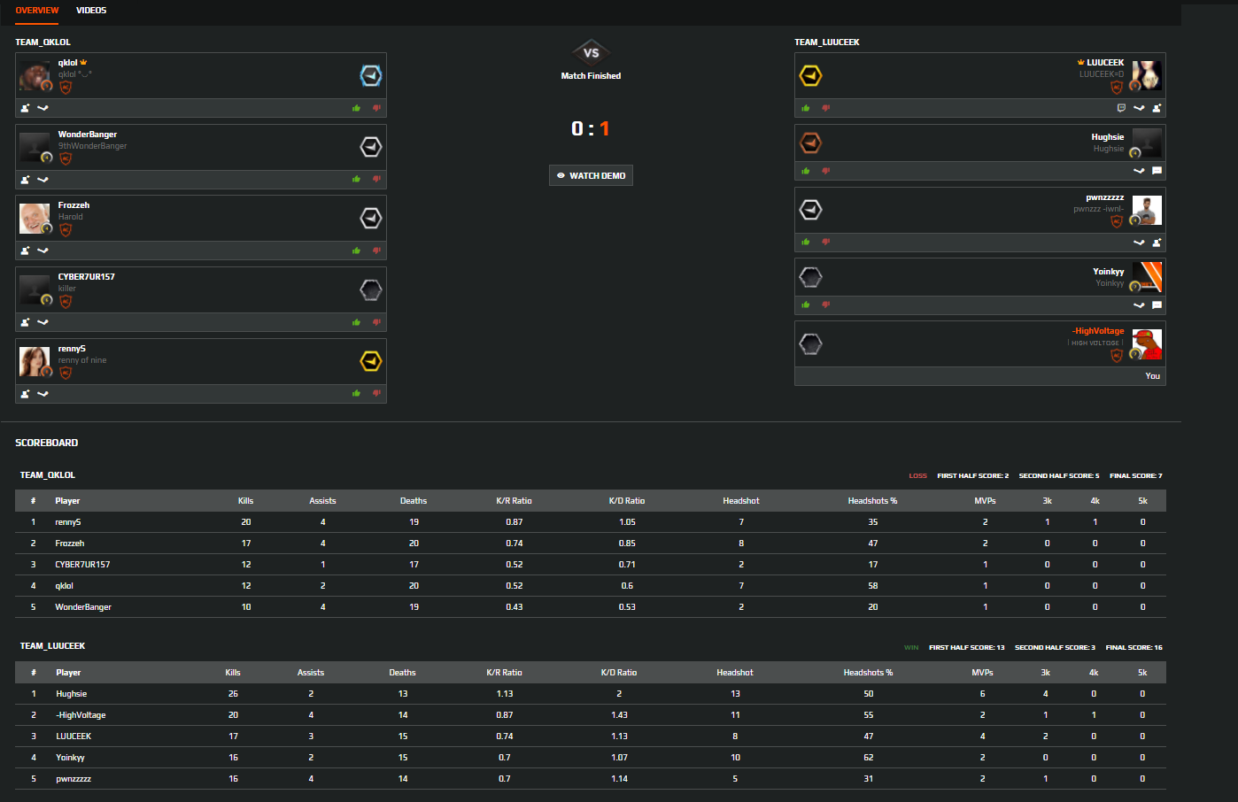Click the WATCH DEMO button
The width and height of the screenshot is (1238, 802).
(x=591, y=175)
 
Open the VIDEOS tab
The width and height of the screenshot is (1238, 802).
(x=91, y=11)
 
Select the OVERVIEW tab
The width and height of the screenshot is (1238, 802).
(x=37, y=11)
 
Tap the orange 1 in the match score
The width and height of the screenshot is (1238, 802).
(x=605, y=128)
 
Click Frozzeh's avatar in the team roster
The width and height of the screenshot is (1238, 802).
(x=35, y=218)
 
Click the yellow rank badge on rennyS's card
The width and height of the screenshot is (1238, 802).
(x=370, y=361)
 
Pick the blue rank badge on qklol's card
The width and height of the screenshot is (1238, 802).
(x=370, y=76)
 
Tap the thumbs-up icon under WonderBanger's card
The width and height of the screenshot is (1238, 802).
(x=356, y=180)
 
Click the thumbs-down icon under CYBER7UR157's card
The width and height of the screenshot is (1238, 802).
(x=376, y=322)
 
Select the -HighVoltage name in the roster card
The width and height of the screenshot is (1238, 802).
(x=1098, y=331)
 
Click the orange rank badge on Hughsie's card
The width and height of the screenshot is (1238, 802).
(x=810, y=143)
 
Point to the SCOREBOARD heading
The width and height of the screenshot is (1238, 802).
(x=47, y=443)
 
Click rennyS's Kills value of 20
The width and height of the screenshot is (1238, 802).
(x=246, y=522)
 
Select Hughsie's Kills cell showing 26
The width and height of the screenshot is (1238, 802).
(x=233, y=694)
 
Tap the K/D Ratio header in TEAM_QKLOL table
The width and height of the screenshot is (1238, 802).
(x=627, y=501)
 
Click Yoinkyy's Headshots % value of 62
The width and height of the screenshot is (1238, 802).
(x=869, y=758)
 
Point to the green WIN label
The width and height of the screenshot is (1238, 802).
(x=911, y=648)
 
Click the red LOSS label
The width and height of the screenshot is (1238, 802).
(x=917, y=476)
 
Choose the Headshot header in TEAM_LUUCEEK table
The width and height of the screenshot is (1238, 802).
(x=735, y=673)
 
